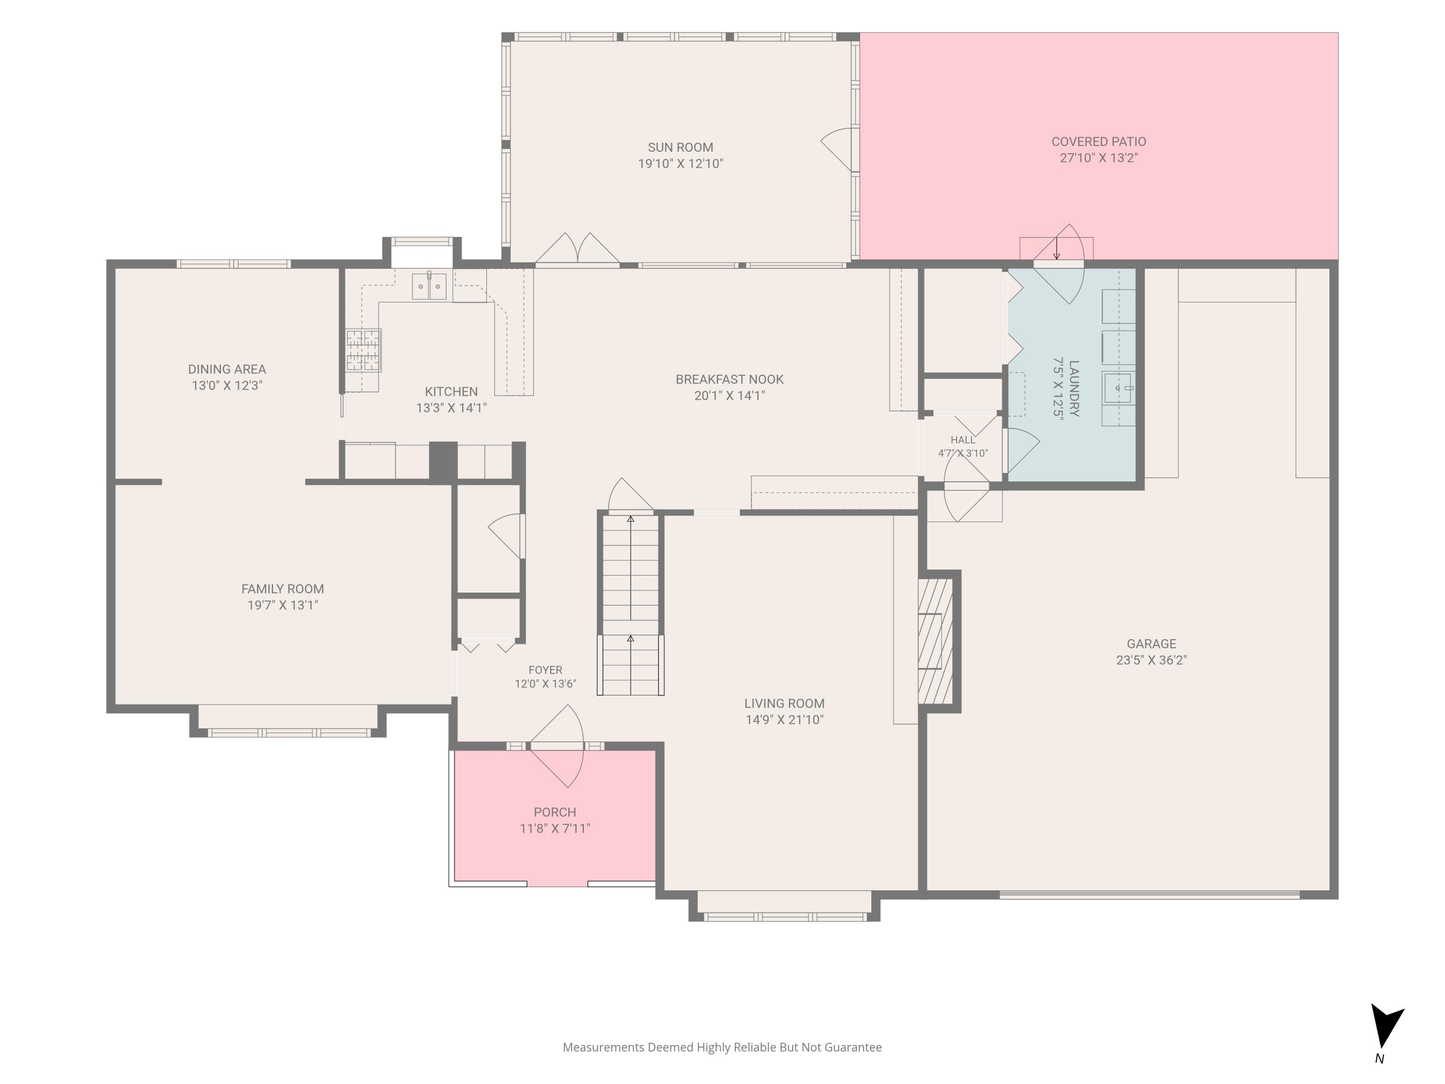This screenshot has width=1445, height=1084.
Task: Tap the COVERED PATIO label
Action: (x=1099, y=142)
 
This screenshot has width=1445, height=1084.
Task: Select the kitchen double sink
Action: (x=429, y=286)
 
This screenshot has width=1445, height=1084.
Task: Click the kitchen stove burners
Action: (x=363, y=351)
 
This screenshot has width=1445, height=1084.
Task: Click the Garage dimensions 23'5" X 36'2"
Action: (x=1151, y=660)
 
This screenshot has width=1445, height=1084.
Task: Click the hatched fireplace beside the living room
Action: (x=935, y=641)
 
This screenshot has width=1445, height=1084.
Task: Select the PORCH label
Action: (x=554, y=812)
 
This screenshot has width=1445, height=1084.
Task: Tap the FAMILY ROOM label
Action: (x=282, y=589)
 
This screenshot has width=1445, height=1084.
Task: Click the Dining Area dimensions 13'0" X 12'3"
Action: (x=227, y=385)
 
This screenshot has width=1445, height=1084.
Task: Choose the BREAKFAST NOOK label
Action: (x=729, y=380)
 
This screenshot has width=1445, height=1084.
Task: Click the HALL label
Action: (x=963, y=440)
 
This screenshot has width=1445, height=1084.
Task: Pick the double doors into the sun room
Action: (x=578, y=250)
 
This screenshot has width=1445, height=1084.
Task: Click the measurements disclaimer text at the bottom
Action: (x=722, y=1047)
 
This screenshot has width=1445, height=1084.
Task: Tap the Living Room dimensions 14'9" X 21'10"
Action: (x=785, y=719)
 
